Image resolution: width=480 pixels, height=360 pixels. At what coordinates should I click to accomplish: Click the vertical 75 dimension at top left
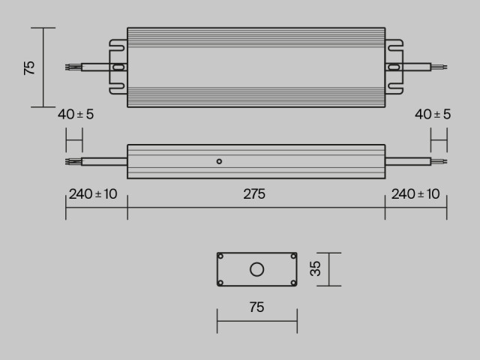tap(29, 67)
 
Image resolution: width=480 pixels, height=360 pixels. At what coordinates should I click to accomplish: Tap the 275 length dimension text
tap(254, 194)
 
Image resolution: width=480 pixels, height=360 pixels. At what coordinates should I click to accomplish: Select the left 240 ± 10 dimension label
tap(93, 194)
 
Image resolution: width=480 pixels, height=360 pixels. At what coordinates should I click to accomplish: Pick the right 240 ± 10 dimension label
tap(415, 194)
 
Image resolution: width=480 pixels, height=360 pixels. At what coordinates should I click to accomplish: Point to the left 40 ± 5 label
tap(76, 115)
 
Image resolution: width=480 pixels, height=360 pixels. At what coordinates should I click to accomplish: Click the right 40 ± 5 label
tap(433, 115)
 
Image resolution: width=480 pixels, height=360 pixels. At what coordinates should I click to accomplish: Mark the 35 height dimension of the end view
tap(316, 268)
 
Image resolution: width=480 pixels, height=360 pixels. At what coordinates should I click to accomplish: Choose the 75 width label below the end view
tap(256, 307)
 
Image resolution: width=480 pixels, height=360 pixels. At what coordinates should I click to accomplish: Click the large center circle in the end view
tap(257, 269)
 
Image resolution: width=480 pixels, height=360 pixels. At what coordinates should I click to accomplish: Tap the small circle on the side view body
tap(219, 160)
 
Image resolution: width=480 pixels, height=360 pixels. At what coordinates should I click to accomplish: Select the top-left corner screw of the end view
tap(221, 256)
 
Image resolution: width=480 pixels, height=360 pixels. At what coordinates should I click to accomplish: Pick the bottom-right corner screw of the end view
tap(293, 282)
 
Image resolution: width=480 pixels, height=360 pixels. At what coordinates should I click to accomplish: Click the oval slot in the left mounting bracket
tap(118, 67)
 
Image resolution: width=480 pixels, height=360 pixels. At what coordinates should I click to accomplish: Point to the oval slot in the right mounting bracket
tap(394, 67)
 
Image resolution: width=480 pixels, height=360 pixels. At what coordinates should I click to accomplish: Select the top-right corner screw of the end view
tap(293, 256)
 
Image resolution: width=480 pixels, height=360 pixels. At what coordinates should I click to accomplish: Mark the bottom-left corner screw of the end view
tap(221, 282)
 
